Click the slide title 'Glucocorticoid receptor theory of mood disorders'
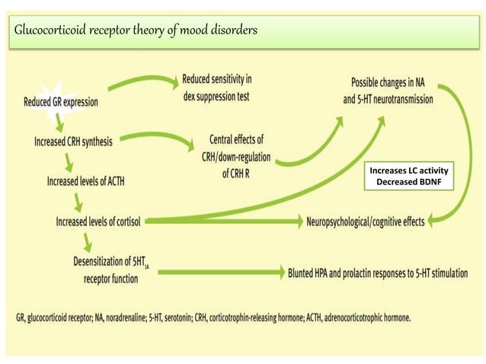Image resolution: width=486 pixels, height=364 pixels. [x=136, y=30]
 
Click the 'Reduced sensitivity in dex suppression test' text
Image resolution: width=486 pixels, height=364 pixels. [x=217, y=88]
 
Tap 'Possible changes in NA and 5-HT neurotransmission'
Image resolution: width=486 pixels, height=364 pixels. [x=392, y=90]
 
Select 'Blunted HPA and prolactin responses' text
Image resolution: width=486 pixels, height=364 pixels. [x=377, y=272]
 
